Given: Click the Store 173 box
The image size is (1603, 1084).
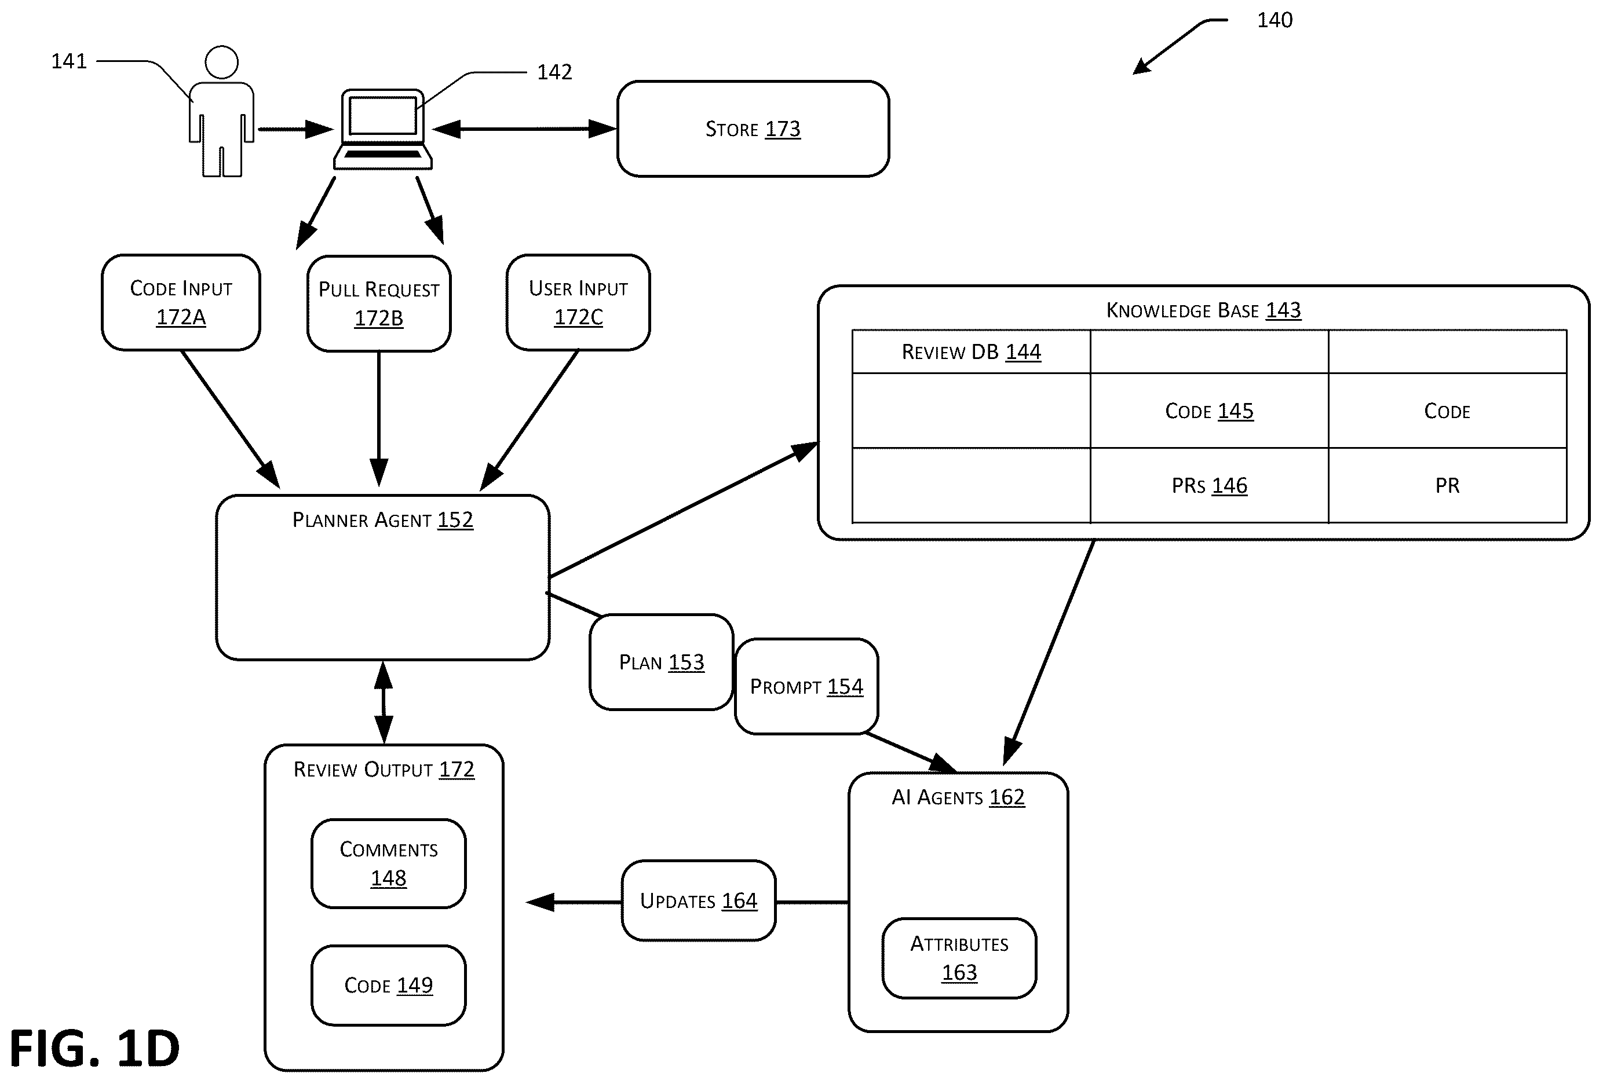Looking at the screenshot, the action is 753,129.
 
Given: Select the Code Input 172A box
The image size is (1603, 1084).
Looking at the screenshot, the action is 181,303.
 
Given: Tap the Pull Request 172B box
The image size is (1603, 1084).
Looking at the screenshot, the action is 379,303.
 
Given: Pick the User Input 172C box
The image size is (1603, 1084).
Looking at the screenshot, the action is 578,303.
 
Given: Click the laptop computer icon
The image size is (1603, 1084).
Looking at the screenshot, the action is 383,129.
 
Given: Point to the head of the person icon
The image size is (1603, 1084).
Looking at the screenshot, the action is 221,63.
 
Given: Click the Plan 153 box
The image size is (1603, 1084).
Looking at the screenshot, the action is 662,662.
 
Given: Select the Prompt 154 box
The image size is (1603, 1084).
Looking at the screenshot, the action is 806,686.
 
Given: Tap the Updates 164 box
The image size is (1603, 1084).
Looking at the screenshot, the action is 699,900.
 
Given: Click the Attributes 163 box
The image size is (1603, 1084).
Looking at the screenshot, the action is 959,958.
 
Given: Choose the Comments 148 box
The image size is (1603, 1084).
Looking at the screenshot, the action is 388,863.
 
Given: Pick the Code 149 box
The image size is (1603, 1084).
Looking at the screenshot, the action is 388,986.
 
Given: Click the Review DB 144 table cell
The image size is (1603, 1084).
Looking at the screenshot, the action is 971,351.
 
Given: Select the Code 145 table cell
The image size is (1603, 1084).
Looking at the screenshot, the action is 1209,411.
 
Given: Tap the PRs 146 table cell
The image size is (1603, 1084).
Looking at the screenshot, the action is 1209,485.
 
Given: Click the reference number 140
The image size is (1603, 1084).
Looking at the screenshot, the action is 1275,20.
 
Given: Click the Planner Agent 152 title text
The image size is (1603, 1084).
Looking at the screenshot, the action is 383,520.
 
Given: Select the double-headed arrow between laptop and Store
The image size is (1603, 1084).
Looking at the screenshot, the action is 524,129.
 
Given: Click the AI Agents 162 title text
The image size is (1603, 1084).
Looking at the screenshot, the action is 958,797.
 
